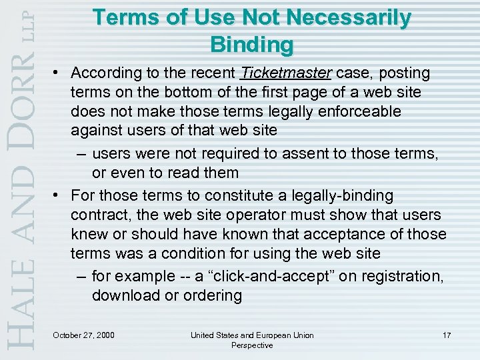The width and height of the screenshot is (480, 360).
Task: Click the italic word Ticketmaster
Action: pos(287,72)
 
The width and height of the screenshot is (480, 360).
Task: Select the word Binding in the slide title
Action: pos(251,44)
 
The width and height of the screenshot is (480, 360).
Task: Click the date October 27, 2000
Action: pos(83,335)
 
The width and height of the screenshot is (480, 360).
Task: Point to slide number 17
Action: pos(446,335)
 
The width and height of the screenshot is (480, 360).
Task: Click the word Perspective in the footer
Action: pos(252,345)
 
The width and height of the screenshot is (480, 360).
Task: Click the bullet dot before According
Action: pos(59,73)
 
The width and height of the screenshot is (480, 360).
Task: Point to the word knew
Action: pos(88,234)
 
